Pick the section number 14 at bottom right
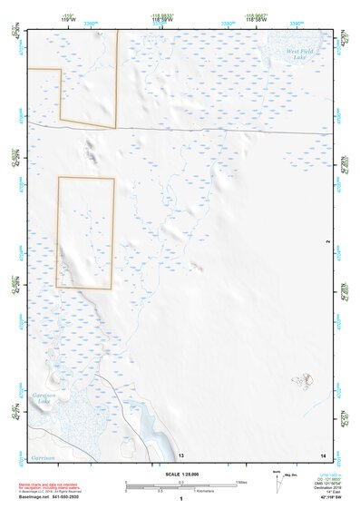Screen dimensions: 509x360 pos(324,454)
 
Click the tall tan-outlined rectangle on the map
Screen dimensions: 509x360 pos(85,232)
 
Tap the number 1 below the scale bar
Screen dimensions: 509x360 pos(182,499)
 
